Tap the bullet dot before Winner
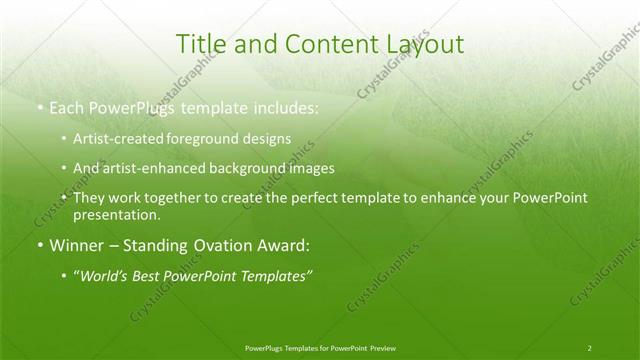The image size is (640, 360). point(39,245)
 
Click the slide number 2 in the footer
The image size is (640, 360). point(590,347)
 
